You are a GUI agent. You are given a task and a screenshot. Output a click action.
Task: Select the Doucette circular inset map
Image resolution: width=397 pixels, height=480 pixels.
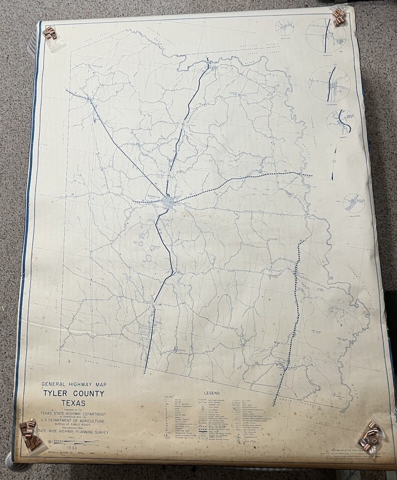[325, 35]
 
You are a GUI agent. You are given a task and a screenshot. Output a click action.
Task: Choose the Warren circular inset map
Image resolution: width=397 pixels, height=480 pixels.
[341, 121]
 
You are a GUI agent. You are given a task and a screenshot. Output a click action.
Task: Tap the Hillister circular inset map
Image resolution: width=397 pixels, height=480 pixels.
[354, 202]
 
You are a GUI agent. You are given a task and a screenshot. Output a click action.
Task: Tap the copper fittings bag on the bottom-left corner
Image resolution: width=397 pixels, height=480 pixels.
[30, 433]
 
